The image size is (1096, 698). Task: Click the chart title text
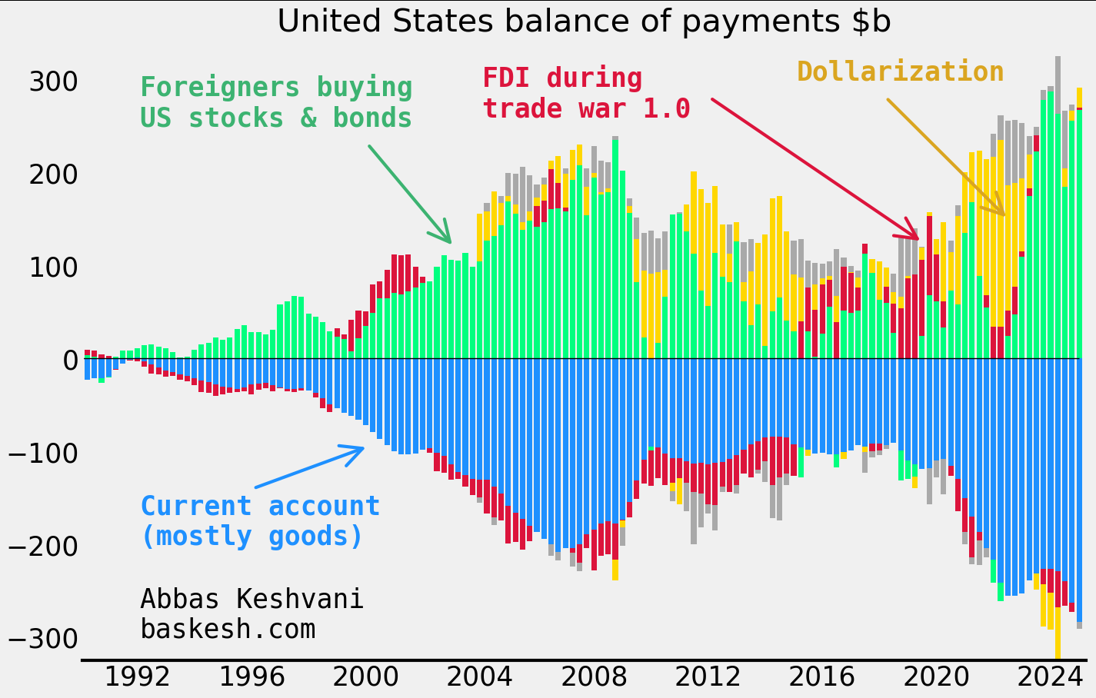584,22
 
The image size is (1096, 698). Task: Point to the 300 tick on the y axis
53,82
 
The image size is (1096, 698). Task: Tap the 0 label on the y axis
70,360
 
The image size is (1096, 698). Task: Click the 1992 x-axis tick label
137,678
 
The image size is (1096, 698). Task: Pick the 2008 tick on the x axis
593,678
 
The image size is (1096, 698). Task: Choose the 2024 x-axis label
1050,678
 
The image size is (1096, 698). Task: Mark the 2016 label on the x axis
821,678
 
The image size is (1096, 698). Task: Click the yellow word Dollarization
900,72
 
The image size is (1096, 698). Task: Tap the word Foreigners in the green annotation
211,88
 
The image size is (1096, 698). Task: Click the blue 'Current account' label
260,507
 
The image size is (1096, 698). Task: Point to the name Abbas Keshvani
252,599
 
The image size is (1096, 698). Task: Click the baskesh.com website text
228,630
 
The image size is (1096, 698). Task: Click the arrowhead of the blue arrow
361,447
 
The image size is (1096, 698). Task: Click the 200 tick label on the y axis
53,175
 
